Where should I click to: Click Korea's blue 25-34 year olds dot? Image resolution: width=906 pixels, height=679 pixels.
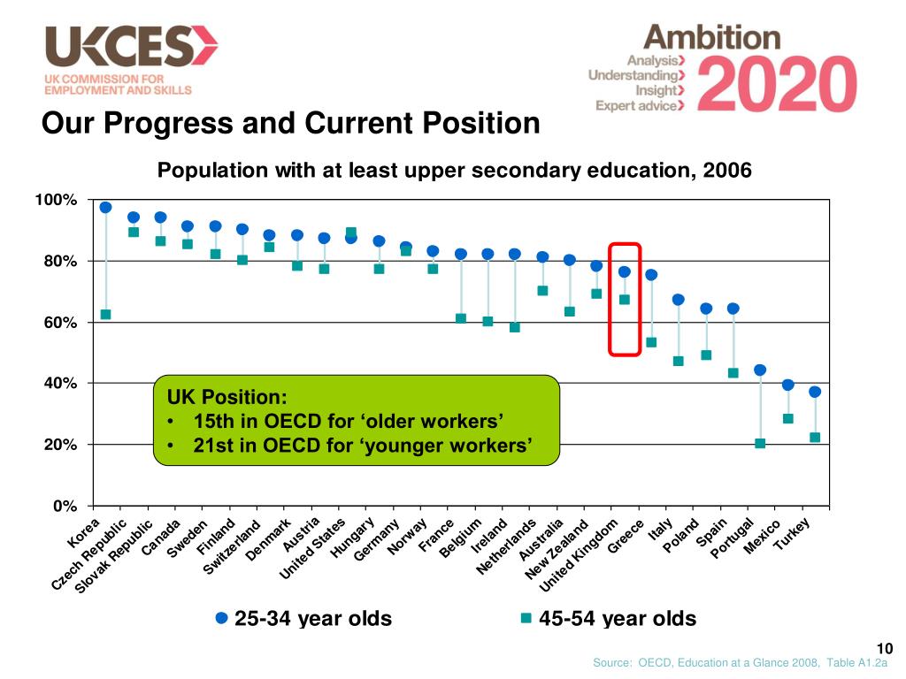[x=105, y=208]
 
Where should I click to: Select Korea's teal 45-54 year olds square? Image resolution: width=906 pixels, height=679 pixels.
[x=105, y=315]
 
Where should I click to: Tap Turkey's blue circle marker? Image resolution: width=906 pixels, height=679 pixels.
[x=815, y=392]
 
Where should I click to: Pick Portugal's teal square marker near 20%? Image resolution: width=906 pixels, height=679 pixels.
[x=760, y=443]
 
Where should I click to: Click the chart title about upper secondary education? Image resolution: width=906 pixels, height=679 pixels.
[x=454, y=171]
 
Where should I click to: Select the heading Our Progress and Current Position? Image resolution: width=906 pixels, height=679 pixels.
[x=291, y=123]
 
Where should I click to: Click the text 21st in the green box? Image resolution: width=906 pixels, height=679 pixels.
[x=212, y=445]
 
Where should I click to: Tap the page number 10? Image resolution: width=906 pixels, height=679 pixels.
[x=882, y=648]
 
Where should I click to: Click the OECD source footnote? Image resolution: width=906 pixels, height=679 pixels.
[x=740, y=663]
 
